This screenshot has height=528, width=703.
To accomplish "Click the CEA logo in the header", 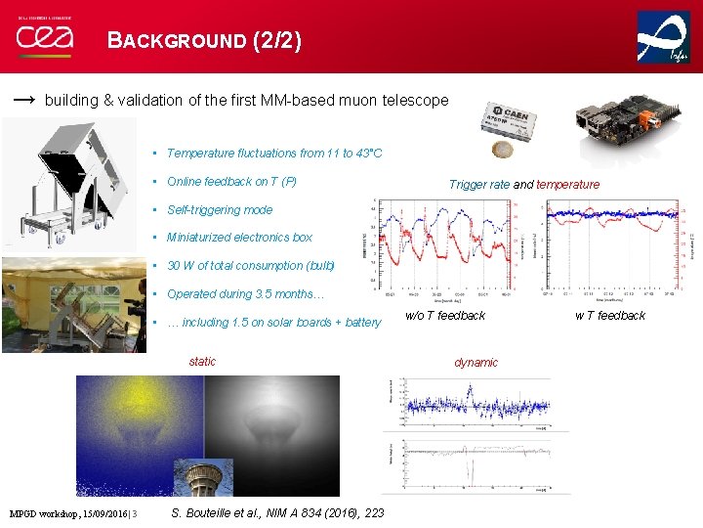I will pos(44,36).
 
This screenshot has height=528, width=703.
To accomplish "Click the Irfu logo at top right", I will pos(663,38).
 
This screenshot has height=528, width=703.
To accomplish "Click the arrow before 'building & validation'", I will pos(25,100).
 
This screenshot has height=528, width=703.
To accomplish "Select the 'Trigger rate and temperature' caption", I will pos(524,184).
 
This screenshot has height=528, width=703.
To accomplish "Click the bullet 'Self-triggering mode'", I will pos(220,209).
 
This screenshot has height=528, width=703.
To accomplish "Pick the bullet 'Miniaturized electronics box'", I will pos(239,238).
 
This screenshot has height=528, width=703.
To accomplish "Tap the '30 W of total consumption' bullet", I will pos(250,266).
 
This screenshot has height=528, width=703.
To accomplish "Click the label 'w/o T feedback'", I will pos(445,315).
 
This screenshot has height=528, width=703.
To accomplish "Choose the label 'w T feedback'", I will pos(610,315).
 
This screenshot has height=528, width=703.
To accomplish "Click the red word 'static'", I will pos(202,362).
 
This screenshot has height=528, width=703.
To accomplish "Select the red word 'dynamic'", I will pos(476,363).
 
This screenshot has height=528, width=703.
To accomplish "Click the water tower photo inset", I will pos(203,477).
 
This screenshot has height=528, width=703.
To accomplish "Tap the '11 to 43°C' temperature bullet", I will pos(274,154).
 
